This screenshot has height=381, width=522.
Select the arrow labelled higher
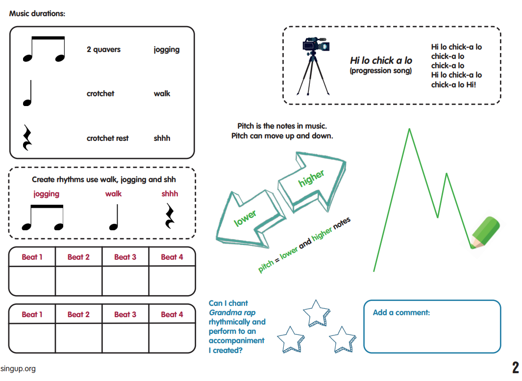(x=312, y=180)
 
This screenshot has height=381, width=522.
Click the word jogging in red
(x=47, y=194)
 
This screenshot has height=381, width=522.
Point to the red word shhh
(x=170, y=194)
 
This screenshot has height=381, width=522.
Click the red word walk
(x=113, y=194)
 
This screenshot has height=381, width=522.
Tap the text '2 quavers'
(x=103, y=50)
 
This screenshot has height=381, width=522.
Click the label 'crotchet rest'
(x=107, y=138)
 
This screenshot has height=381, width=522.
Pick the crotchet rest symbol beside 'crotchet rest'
(x=27, y=138)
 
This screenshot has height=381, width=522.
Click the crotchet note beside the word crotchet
(x=27, y=93)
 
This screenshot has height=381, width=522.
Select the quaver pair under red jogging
(x=44, y=218)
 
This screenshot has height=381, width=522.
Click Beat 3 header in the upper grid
(x=125, y=257)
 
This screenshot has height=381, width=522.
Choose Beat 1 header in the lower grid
(x=32, y=314)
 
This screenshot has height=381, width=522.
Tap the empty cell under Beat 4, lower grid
(x=172, y=338)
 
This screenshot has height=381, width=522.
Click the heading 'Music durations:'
(x=37, y=14)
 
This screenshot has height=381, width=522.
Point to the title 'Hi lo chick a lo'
(x=381, y=61)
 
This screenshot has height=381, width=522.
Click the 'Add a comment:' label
(x=401, y=312)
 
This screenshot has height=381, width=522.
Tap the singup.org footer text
(x=18, y=369)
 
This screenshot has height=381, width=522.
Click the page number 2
(x=515, y=367)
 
